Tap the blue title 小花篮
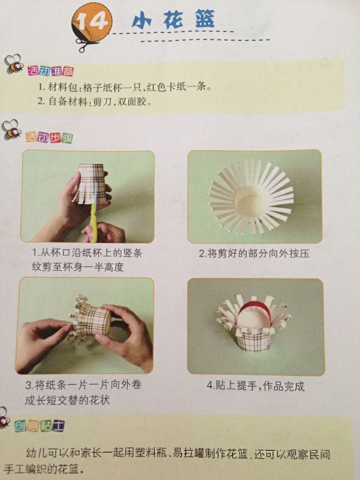click(173, 19)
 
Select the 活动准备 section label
click(51, 71)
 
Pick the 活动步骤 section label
click(49, 138)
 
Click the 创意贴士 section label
click(40, 426)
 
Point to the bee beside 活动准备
click(14, 64)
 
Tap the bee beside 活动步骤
click(11, 130)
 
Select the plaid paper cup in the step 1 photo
click(91, 183)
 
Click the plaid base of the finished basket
click(254, 340)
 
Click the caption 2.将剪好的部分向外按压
click(254, 253)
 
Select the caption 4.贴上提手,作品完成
click(256, 386)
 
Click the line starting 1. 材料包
click(125, 87)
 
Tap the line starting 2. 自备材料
click(95, 101)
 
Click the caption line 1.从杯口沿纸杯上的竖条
click(87, 253)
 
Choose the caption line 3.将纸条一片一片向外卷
click(83, 385)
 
